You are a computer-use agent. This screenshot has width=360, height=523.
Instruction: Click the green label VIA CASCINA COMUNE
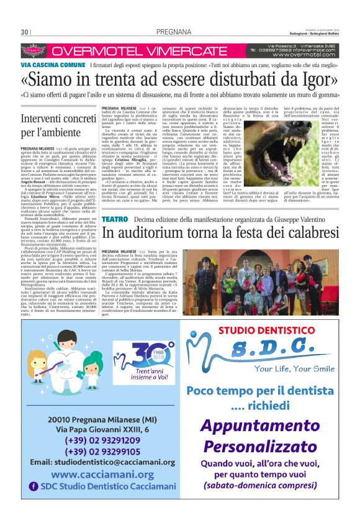[x=53, y=65]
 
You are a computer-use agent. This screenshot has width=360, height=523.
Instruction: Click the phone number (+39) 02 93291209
[x=104, y=440]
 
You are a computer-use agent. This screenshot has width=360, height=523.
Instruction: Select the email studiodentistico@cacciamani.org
[x=104, y=462]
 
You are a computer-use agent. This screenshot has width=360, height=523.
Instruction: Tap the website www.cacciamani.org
[x=103, y=475]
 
